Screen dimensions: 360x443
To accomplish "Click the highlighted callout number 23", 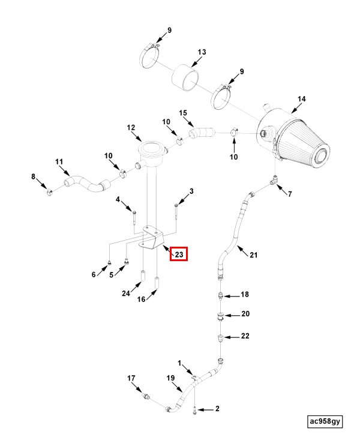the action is click(x=179, y=255).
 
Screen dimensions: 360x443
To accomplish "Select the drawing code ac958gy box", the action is click(x=325, y=421).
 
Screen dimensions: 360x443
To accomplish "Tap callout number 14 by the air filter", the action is click(x=302, y=99).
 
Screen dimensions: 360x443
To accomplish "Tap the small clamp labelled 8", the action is click(x=49, y=193).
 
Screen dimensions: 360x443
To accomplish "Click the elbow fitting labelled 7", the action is click(x=274, y=179).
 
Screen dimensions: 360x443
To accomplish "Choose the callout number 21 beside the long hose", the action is click(x=254, y=255).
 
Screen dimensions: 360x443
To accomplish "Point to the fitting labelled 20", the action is click(x=221, y=316).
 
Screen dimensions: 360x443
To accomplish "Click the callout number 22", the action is click(x=245, y=336).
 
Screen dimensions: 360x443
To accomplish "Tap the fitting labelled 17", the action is click(x=146, y=396).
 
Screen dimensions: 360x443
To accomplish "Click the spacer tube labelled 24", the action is click(x=143, y=276).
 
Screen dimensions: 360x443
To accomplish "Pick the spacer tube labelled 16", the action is click(x=157, y=283).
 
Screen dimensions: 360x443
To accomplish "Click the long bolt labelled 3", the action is click(x=176, y=211).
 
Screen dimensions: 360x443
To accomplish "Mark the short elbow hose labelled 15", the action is click(x=202, y=133).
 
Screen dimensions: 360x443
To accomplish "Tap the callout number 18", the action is click(x=245, y=294).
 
